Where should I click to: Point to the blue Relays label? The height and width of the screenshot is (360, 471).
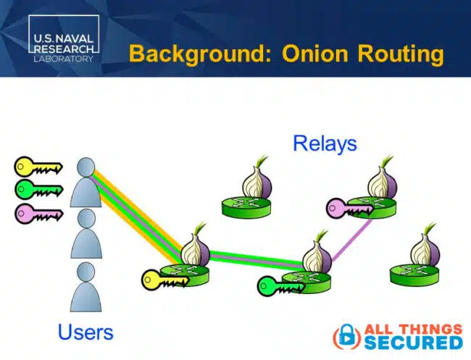(x=325, y=143)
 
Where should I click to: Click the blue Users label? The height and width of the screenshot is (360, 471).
(x=86, y=332)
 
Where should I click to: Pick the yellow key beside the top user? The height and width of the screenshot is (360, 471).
(x=34, y=167)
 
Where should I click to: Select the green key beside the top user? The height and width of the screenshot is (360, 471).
(x=34, y=190)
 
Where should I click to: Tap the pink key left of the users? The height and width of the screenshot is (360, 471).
(x=34, y=213)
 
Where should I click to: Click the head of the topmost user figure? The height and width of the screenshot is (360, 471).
(x=86, y=167)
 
